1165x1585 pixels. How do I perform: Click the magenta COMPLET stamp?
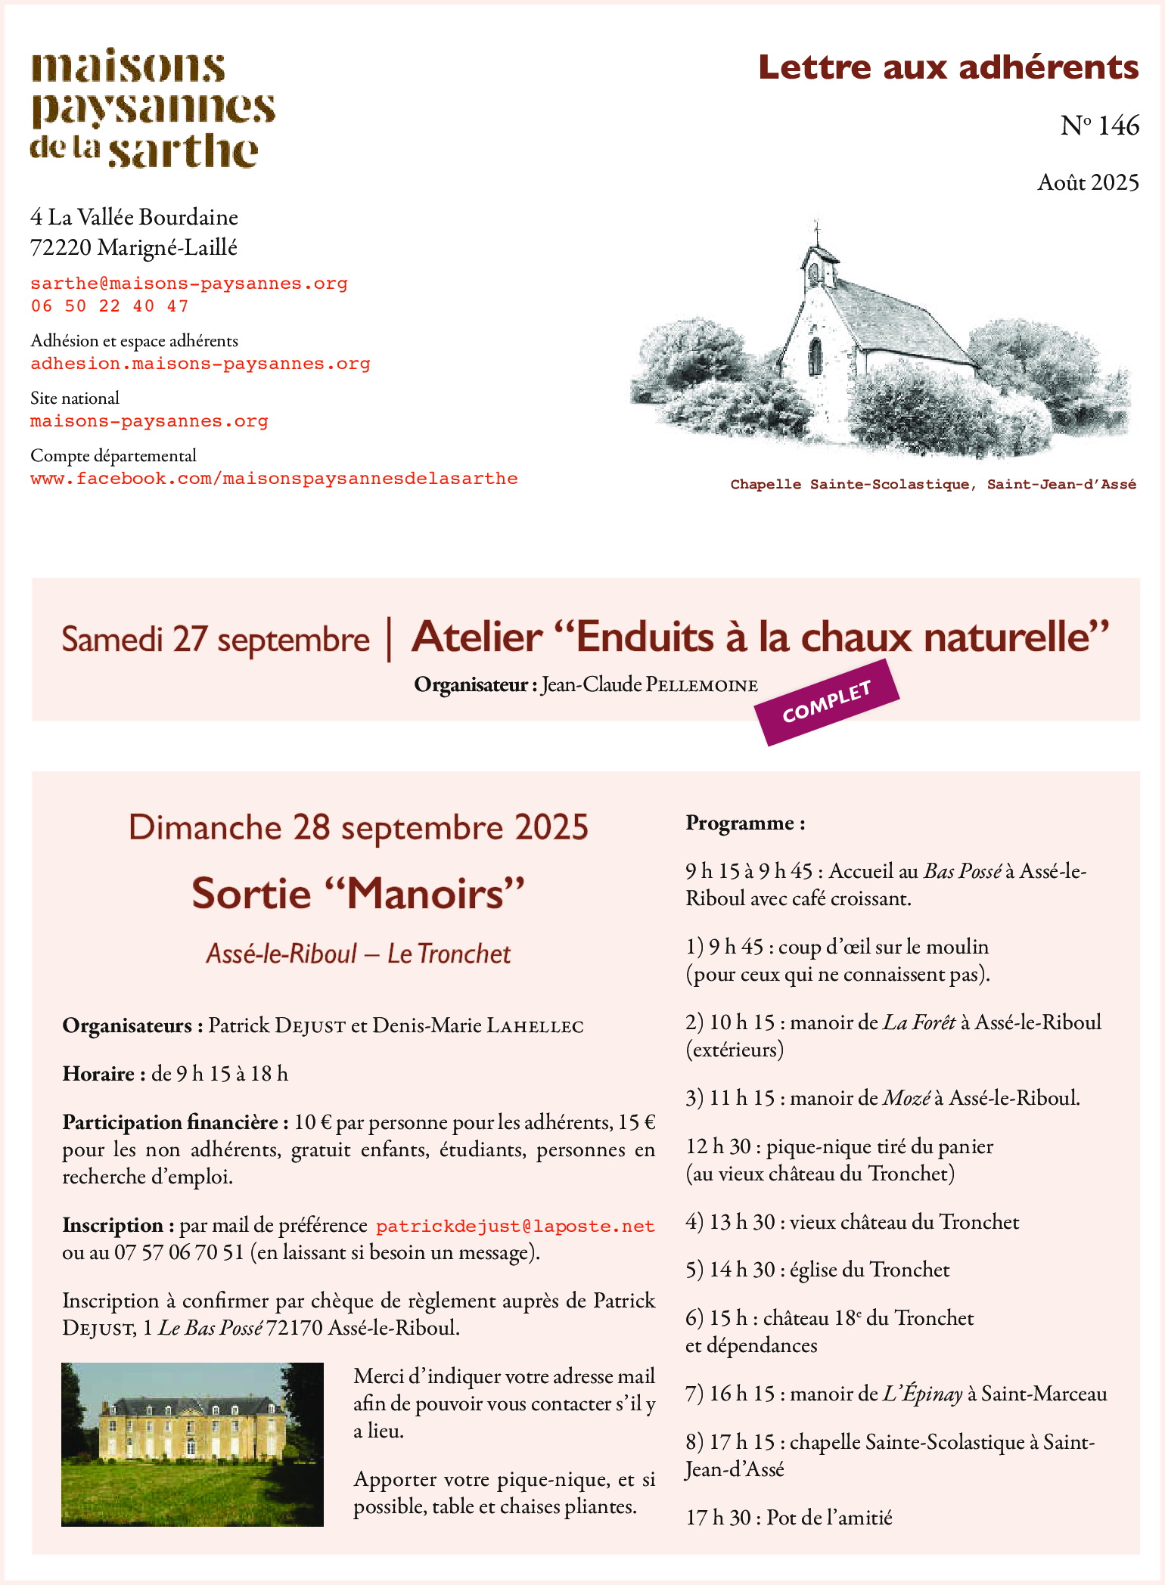[827, 702]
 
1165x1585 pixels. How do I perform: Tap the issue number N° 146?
[1099, 126]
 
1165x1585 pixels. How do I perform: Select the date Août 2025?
[1088, 182]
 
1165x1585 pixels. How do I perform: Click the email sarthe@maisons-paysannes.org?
[189, 284]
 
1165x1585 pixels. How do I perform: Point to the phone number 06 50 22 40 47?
[110, 306]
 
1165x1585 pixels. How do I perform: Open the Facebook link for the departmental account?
[274, 479]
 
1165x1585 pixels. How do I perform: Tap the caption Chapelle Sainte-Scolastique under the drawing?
[933, 485]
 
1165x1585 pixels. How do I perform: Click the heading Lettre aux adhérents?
[948, 67]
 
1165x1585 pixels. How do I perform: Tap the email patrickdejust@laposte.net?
[515, 1226]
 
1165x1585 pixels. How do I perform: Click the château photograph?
[192, 1444]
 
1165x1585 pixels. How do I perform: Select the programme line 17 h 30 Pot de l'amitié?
[789, 1518]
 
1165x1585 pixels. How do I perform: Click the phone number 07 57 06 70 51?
[179, 1253]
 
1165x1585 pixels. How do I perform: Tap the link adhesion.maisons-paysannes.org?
[200, 364]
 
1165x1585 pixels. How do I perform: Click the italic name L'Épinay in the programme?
[922, 1394]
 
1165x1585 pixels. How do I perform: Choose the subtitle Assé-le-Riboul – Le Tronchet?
[358, 954]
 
